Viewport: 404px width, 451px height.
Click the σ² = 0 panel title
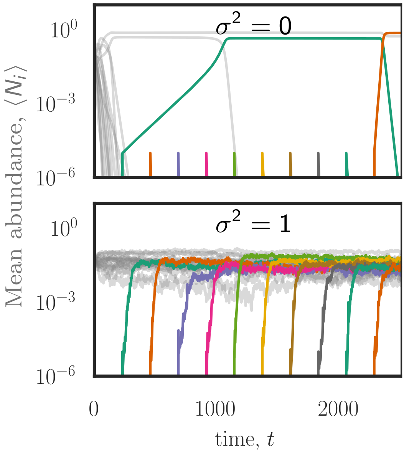click(253, 28)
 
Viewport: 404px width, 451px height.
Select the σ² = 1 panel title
click(253, 225)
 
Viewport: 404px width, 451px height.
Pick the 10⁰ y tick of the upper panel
click(63, 31)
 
